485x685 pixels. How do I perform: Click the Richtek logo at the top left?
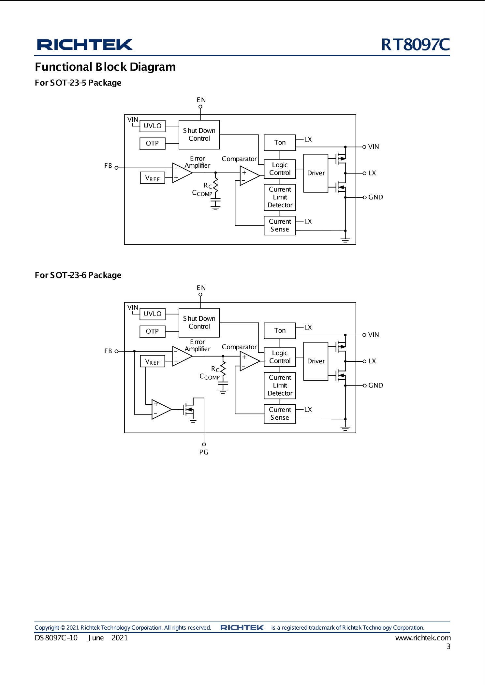point(85,45)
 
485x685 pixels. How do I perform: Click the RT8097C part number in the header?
point(415,45)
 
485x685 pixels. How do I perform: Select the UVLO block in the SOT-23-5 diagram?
point(153,126)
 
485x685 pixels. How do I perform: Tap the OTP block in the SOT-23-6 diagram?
point(153,331)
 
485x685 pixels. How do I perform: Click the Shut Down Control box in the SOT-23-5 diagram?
point(199,134)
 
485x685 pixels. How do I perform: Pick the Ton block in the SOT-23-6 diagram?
point(280,330)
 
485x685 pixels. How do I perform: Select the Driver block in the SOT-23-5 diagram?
point(316,173)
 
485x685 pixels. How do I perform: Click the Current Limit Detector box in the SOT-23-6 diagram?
point(280,385)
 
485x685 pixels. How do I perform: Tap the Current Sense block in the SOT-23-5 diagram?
point(280,225)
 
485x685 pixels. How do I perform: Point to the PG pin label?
point(204,452)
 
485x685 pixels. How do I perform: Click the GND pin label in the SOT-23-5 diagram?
point(375,197)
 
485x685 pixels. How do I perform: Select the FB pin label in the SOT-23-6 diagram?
point(108,351)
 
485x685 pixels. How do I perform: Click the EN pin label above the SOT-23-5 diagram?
point(201,100)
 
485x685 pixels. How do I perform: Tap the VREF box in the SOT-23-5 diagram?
point(153,178)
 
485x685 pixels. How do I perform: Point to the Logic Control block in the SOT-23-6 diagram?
point(280,357)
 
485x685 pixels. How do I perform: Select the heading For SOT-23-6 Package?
point(78,275)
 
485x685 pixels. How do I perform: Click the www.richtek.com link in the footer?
point(423,638)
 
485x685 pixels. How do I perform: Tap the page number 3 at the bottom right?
point(448,647)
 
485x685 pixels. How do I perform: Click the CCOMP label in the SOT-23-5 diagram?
point(202,193)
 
